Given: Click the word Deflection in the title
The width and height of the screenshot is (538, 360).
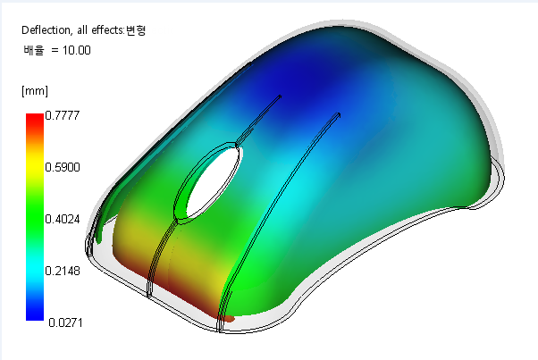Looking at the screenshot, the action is coord(46,30).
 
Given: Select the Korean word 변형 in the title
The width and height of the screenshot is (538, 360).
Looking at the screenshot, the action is coord(136,30).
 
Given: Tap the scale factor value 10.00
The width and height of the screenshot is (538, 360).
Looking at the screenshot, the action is coord(77,50).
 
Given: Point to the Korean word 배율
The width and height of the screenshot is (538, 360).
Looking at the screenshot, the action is coord(34,50).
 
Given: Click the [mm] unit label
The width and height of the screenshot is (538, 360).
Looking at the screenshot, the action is coord(35,91).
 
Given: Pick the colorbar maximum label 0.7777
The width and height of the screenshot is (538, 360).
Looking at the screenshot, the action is coord(63,115).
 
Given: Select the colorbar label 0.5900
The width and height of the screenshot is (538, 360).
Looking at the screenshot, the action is coord(63,167).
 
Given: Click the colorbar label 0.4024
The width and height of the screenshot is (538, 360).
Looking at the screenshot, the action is coord(63,219).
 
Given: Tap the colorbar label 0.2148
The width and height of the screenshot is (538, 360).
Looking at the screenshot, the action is coord(63,271).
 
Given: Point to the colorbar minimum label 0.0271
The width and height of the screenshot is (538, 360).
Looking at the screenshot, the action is coord(65,322).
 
